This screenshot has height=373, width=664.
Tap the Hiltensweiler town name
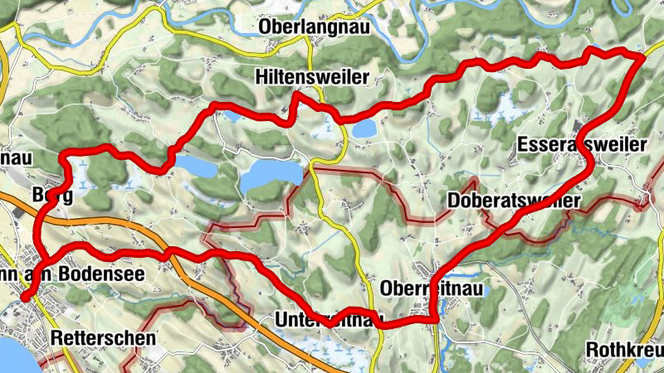pyautogui.click(x=311, y=78)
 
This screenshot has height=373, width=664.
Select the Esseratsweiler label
pyautogui.click(x=581, y=145)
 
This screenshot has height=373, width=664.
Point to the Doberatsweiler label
pyautogui.click(x=513, y=201)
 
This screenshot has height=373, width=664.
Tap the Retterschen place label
pyautogui.click(x=102, y=338)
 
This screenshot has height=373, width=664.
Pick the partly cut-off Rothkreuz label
pyautogui.click(x=623, y=348)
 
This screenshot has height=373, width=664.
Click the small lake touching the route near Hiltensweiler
pyautogui.click(x=363, y=128)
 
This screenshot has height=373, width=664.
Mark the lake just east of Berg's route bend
pyautogui.click(x=192, y=167)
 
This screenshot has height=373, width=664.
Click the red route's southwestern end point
pyautogui.click(x=24, y=297)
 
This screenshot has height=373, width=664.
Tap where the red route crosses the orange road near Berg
pyautogui.click(x=39, y=221)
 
